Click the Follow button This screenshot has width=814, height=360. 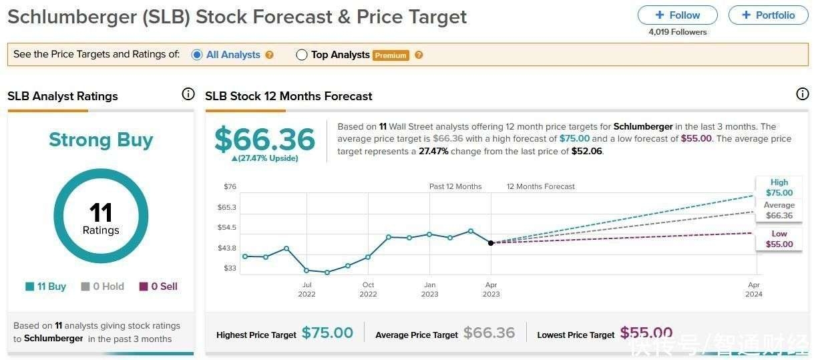coord(677,15)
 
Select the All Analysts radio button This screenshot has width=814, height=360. coord(197,55)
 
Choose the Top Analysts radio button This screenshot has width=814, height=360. coord(302,55)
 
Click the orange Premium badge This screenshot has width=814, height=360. coord(391,55)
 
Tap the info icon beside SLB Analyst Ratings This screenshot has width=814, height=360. coord(188,94)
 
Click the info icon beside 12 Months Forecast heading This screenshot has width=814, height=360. coord(803,94)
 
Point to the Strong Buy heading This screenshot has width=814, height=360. coord(101,140)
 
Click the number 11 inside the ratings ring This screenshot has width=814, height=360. coord(101,212)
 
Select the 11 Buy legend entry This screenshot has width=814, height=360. coord(46,287)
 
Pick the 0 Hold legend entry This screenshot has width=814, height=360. coord(103,287)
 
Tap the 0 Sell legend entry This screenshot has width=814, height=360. coord(158,287)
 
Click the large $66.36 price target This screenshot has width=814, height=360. coord(264,139)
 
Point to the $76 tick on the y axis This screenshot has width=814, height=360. coord(229,186)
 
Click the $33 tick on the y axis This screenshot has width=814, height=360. coord(229,268)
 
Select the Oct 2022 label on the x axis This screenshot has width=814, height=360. coord(368,289)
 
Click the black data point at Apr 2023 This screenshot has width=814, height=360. coord(491,242)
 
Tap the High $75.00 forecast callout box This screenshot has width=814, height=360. coord(779,188)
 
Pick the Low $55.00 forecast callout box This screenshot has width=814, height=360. coord(779,239)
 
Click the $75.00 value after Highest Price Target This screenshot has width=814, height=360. coord(327,333)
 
